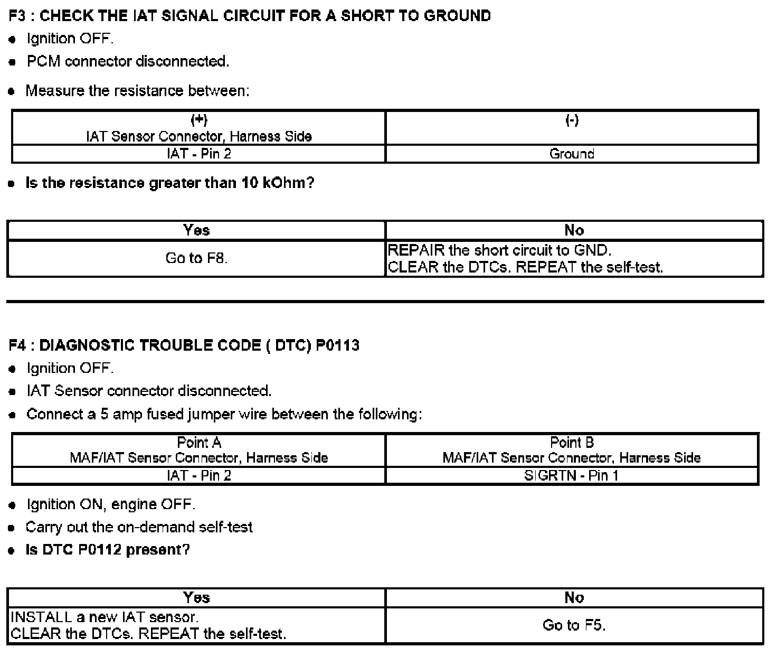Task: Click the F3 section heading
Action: (250, 16)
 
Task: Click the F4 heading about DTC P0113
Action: (184, 345)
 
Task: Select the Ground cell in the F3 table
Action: (572, 154)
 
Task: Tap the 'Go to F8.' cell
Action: (196, 258)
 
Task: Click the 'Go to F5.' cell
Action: (574, 625)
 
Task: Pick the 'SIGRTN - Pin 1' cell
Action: (572, 475)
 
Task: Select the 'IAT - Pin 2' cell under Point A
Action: (198, 475)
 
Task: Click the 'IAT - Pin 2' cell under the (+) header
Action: (198, 154)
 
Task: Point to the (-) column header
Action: (572, 120)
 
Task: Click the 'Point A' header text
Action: (198, 442)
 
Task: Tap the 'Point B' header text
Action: (572, 442)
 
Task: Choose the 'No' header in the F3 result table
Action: (574, 230)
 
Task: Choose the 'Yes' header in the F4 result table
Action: (196, 597)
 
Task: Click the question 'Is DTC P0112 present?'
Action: (108, 550)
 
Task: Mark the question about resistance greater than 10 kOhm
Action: (169, 183)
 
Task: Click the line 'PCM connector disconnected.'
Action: (128, 61)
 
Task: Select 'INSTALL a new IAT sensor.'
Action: (105, 617)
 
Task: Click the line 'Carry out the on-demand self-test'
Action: (139, 527)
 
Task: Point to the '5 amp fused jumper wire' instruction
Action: (224, 414)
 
